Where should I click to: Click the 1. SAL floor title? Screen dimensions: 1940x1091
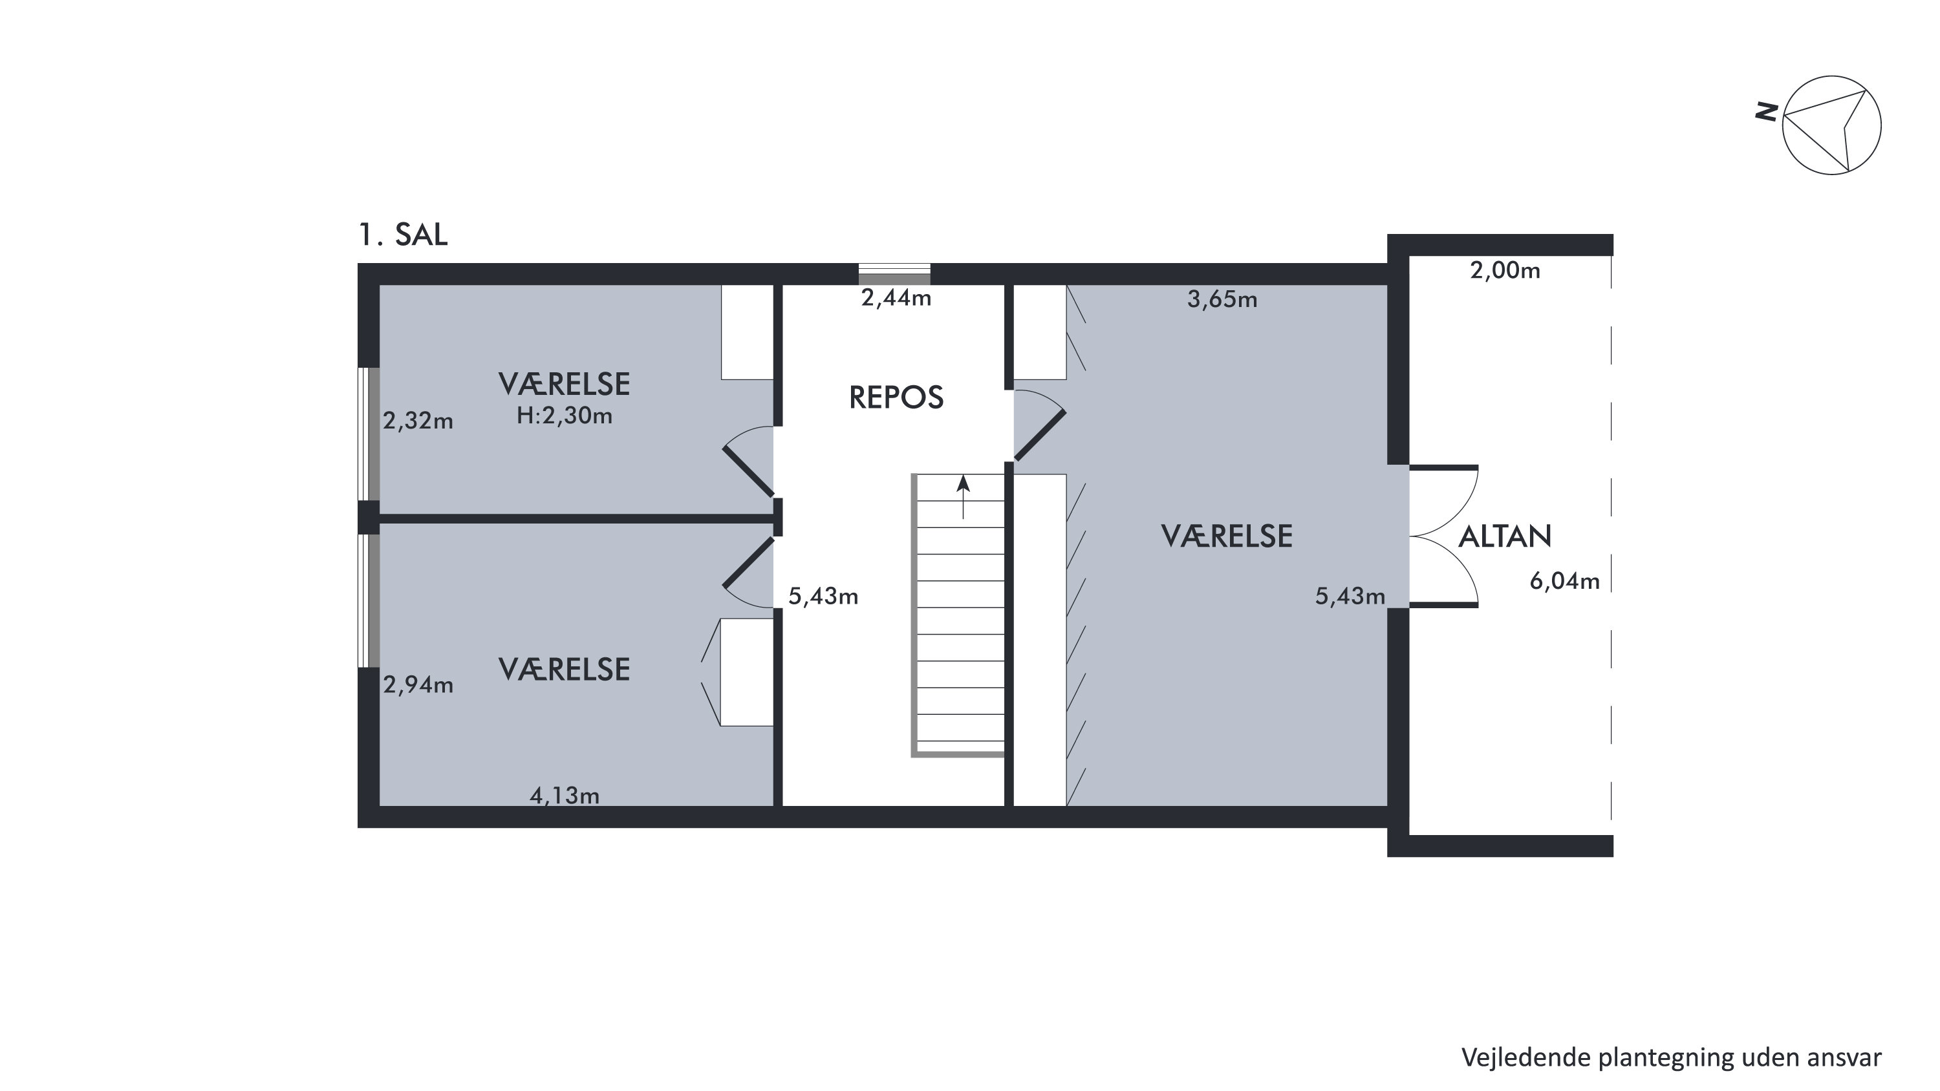click(x=403, y=235)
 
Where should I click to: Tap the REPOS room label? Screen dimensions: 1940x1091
click(x=896, y=397)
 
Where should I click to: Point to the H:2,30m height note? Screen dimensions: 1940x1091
click(x=564, y=416)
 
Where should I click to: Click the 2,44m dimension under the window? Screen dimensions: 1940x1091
click(x=896, y=298)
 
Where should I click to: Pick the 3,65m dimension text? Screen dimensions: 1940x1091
click(x=1222, y=300)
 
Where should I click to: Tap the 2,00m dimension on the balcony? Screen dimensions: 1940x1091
click(x=1505, y=270)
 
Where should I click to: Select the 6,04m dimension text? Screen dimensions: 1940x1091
click(x=1564, y=581)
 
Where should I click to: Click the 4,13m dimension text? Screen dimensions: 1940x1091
click(x=564, y=795)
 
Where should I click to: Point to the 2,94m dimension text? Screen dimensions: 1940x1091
click(x=418, y=684)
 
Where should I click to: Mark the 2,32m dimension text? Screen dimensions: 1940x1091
click(x=418, y=421)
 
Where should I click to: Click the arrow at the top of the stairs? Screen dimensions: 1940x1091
click(x=964, y=497)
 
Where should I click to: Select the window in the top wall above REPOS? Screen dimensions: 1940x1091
click(x=895, y=274)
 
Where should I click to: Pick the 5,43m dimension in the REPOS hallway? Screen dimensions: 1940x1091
click(x=823, y=597)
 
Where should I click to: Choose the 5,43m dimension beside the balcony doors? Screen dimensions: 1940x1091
click(x=1350, y=597)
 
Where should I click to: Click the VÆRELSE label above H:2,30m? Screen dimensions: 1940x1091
click(x=564, y=385)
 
